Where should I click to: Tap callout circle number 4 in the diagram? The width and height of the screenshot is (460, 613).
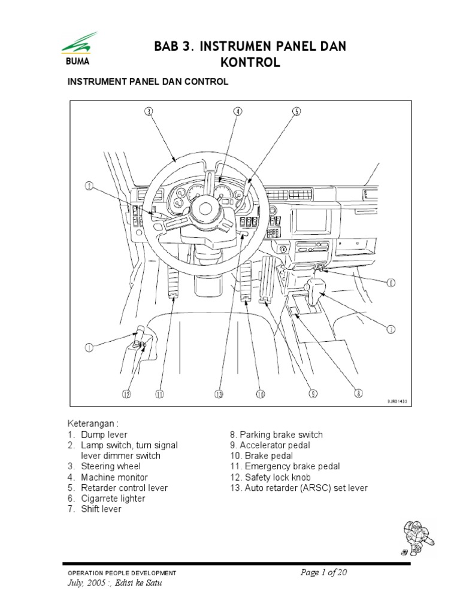pyautogui.click(x=238, y=111)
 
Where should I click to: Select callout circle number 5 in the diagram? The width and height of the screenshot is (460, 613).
pyautogui.click(x=296, y=111)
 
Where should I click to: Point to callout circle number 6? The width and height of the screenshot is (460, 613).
pyautogui.click(x=390, y=283)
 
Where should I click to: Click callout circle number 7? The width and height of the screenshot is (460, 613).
pyautogui.click(x=390, y=329)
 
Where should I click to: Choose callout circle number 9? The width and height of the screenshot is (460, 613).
pyautogui.click(x=313, y=393)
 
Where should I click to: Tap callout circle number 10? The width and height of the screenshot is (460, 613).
pyautogui.click(x=261, y=393)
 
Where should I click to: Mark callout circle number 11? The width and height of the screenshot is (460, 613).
pyautogui.click(x=160, y=393)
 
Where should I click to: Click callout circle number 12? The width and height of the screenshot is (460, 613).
pyautogui.click(x=126, y=393)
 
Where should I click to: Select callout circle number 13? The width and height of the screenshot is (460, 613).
pyautogui.click(x=219, y=393)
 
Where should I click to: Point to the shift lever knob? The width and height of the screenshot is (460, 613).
pyautogui.click(x=317, y=287)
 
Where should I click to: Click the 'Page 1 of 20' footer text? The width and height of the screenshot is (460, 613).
pyautogui.click(x=324, y=573)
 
